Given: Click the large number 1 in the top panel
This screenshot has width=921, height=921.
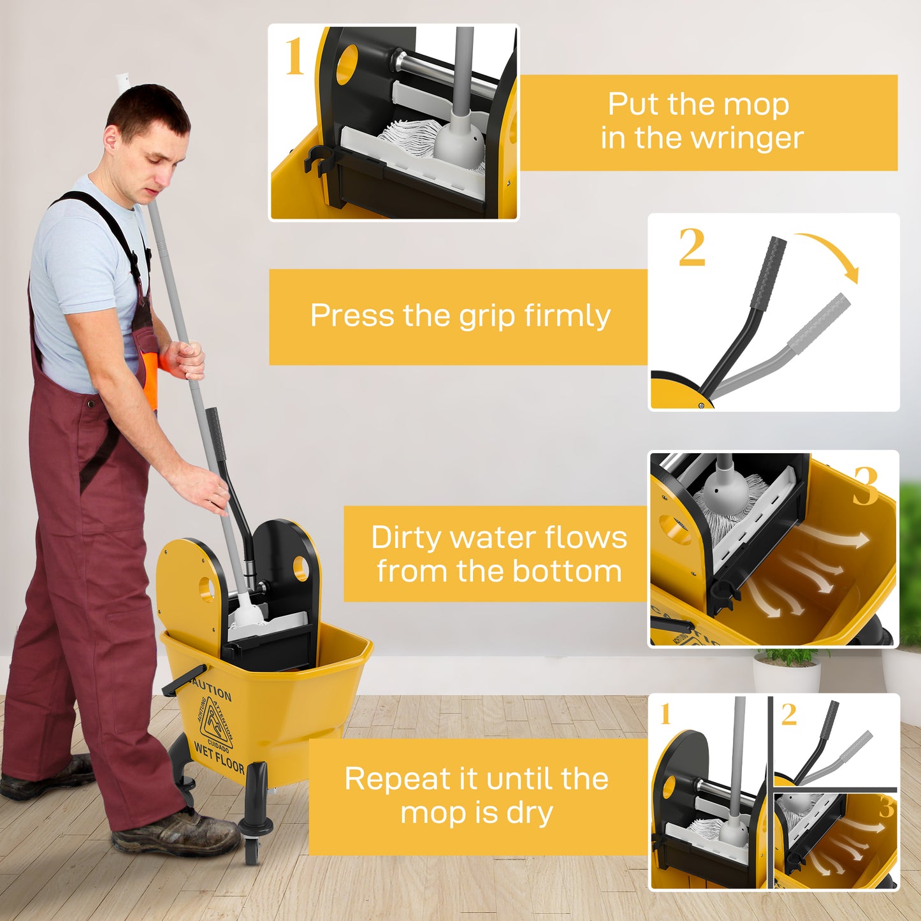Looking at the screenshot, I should click(x=294, y=57).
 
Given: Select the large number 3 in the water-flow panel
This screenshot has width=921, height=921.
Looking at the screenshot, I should click(x=866, y=486).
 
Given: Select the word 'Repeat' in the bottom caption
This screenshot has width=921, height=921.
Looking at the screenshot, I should click(x=389, y=779).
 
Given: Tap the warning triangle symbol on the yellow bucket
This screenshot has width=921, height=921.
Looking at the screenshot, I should click(x=216, y=723).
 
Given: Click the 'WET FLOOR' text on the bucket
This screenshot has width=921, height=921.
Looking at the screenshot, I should click(x=219, y=757).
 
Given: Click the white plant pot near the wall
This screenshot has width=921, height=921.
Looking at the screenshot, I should click(x=787, y=676).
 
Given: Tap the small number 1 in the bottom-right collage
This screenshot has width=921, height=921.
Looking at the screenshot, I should click(x=666, y=714).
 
